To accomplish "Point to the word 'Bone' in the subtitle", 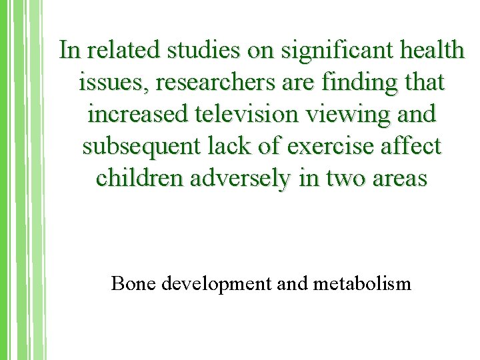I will point(131,283).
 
